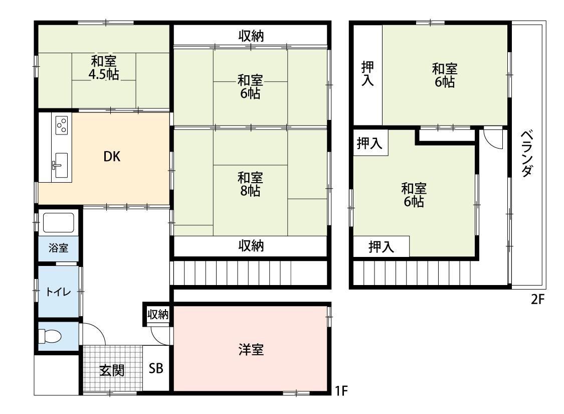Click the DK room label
pos(112,156)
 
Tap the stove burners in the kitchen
pos(62,125)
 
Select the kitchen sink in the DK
pos(61,165)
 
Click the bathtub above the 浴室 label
pos(58,222)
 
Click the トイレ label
pos(58,292)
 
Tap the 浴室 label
pos(58,248)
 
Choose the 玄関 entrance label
pos(112,370)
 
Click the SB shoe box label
pos(156,368)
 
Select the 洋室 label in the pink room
pos(251,350)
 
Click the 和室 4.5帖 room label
pos(104,68)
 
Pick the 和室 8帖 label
pos(250,184)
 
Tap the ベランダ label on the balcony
pos(527,154)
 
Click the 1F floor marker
pos(341,390)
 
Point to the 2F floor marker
pos(538,299)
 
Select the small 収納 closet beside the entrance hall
pos(158,314)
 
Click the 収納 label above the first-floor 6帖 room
pos(251,36)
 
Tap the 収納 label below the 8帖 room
pos(251,246)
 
